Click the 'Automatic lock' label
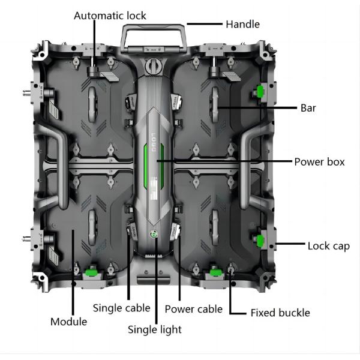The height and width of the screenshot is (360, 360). pos(110,15)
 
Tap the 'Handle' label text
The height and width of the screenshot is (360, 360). pos(242,25)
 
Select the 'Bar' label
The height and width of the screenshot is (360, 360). pos(308,109)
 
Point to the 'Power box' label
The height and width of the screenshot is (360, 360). pos(319,162)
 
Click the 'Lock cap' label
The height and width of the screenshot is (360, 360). pos(328,246)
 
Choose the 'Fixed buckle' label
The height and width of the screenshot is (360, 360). pos(280,313)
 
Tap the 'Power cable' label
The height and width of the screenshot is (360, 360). pos(193,310)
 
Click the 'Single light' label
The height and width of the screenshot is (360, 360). pos(155,329)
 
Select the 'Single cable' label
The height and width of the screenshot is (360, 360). pos(121,308)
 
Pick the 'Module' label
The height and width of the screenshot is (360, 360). pos(68,322)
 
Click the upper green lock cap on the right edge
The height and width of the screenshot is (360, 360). pos(260,91)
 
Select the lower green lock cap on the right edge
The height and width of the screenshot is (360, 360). pos(261,241)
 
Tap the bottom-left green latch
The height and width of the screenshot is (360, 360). pos(92,271)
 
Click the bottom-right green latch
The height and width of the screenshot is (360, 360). pos(214,272)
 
